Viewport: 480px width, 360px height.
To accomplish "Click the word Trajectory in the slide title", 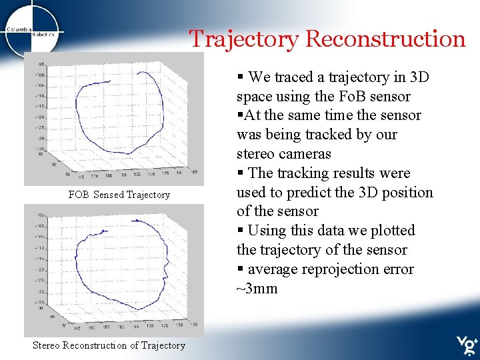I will [x=244, y=39].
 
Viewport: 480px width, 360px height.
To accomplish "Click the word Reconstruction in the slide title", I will [x=385, y=39].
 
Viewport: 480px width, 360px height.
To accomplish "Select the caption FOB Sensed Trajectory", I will [x=119, y=195].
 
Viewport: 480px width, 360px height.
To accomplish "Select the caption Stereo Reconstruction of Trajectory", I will [x=109, y=345].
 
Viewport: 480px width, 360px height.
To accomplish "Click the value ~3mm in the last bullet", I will [x=257, y=289].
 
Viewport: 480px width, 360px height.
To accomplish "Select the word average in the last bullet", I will [x=273, y=269].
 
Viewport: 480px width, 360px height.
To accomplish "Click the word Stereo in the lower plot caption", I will [x=47, y=345].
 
